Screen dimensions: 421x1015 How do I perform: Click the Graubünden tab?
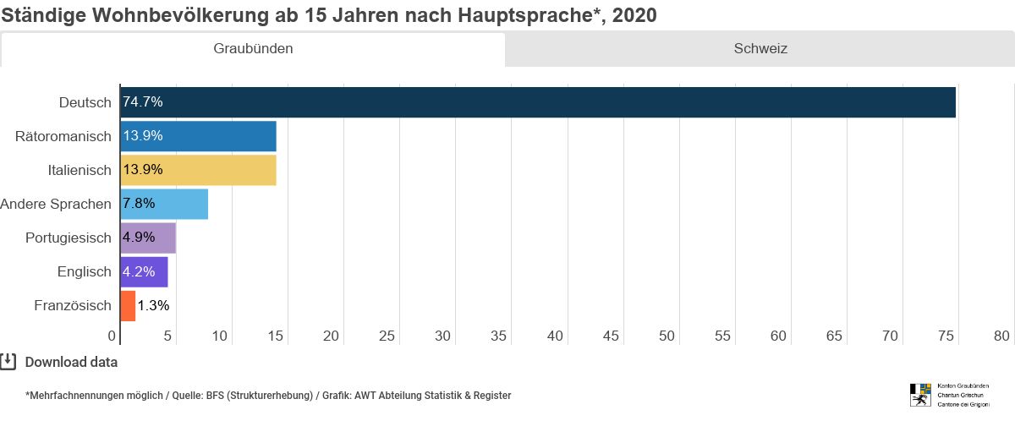pyautogui.click(x=253, y=49)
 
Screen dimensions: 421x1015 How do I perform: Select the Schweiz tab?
pyautogui.click(x=760, y=49)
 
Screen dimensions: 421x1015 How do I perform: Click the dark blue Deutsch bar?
pyautogui.click(x=538, y=102)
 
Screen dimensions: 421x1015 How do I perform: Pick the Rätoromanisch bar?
pyautogui.click(x=198, y=136)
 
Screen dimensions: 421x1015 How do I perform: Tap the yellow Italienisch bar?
pyautogui.click(x=198, y=170)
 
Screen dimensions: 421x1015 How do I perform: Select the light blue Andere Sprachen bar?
pyautogui.click(x=164, y=204)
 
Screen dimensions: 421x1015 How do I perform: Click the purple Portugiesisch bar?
pyautogui.click(x=148, y=238)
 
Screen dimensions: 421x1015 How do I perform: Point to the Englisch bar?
pyautogui.click(x=144, y=271)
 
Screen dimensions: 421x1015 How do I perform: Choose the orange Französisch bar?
pyautogui.click(x=128, y=305)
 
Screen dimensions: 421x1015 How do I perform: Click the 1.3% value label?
pyautogui.click(x=153, y=305)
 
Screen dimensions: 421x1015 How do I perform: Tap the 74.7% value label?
pyautogui.click(x=143, y=102)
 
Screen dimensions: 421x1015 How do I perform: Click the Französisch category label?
pyautogui.click(x=73, y=305)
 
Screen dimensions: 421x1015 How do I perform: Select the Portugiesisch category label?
pyautogui.click(x=68, y=238)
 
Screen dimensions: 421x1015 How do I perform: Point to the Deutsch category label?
pyautogui.click(x=85, y=102)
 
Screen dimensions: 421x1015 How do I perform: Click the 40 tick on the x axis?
pyautogui.click(x=555, y=336)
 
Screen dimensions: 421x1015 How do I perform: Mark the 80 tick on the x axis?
pyautogui.click(x=1001, y=336)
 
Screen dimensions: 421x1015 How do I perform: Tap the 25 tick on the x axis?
pyautogui.click(x=387, y=336)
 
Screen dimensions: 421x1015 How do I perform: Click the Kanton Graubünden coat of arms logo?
pyautogui.click(x=919, y=395)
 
